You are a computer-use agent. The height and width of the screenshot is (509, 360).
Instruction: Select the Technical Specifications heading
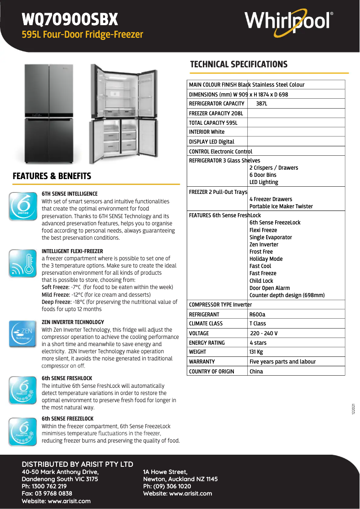coord(239,64)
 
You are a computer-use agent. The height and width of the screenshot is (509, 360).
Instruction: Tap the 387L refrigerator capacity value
coord(261,104)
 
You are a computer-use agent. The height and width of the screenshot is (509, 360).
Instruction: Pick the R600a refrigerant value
coord(258,314)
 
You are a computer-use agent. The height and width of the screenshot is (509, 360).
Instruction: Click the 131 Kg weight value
coord(256,352)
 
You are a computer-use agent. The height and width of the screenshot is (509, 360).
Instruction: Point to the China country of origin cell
coord(256,371)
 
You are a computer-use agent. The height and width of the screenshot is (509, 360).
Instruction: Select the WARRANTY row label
coord(202,361)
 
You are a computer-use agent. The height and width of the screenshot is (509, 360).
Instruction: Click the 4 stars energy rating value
coord(258,342)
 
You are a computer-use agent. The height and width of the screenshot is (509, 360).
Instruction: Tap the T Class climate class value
coord(258,324)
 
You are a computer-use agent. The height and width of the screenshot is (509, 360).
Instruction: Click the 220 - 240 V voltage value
coord(263,333)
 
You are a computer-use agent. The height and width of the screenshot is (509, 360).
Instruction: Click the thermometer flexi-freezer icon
coord(22,264)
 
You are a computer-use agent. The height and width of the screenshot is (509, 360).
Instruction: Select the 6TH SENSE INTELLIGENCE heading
coord(70,194)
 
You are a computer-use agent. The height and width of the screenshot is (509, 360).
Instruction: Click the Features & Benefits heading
coord(52,176)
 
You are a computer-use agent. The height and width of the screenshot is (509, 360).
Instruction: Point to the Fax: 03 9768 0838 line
coord(47,493)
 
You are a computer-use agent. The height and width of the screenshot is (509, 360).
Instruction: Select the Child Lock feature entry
coord(261,281)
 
